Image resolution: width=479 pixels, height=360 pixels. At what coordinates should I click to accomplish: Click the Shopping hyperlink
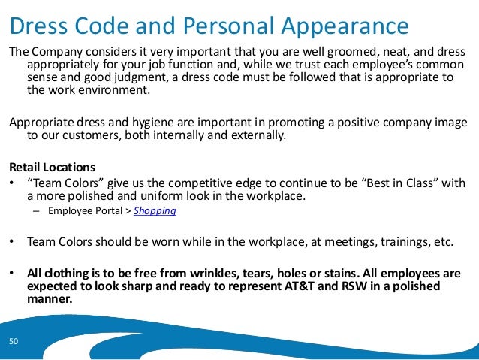point(155,211)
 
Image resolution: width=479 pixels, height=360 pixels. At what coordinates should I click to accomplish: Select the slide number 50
point(14,342)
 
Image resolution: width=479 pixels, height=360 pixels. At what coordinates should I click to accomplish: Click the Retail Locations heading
point(51,167)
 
